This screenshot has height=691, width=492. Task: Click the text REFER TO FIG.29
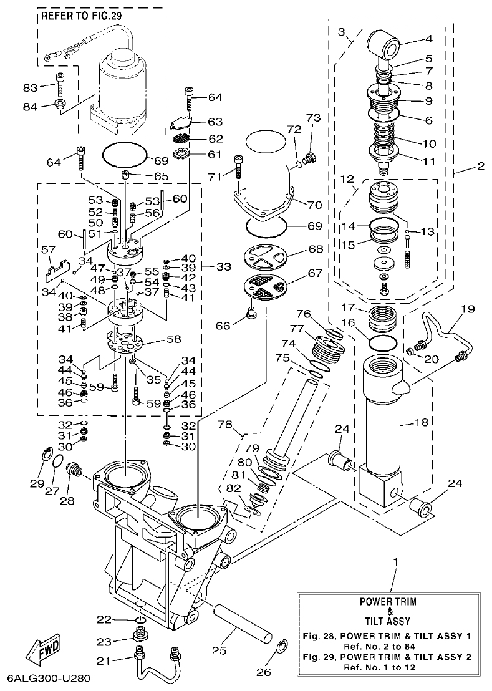[80, 17]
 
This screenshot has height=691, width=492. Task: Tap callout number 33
[223, 266]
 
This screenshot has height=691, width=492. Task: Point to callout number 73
[312, 118]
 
